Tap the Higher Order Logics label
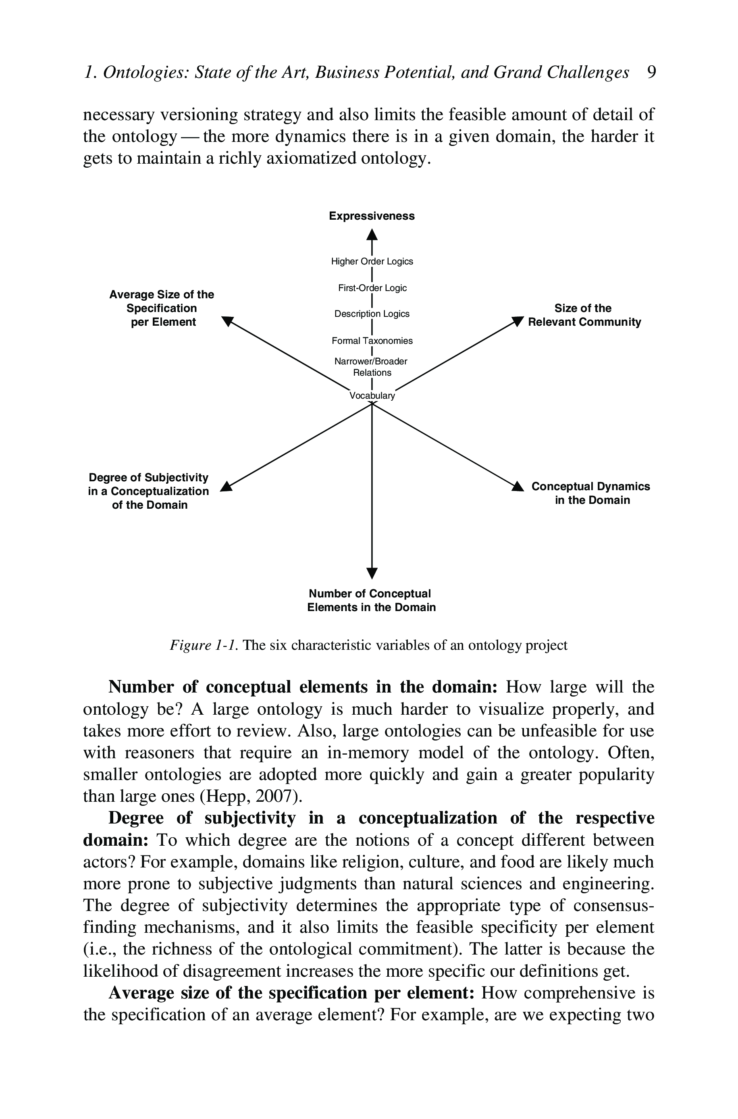(372, 262)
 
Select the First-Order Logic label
(372, 288)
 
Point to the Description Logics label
(372, 314)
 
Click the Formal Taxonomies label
(372, 341)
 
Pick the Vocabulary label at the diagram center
(372, 396)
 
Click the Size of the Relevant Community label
(584, 315)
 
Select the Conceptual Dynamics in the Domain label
(591, 493)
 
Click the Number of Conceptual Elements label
(371, 601)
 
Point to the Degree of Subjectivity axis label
(149, 491)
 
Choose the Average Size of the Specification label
(162, 308)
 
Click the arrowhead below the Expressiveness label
(372, 234)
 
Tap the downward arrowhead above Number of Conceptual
(372, 573)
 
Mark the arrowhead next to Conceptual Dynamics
(518, 487)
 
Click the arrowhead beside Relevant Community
(518, 321)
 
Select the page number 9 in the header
(651, 73)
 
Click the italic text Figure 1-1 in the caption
(204, 645)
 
